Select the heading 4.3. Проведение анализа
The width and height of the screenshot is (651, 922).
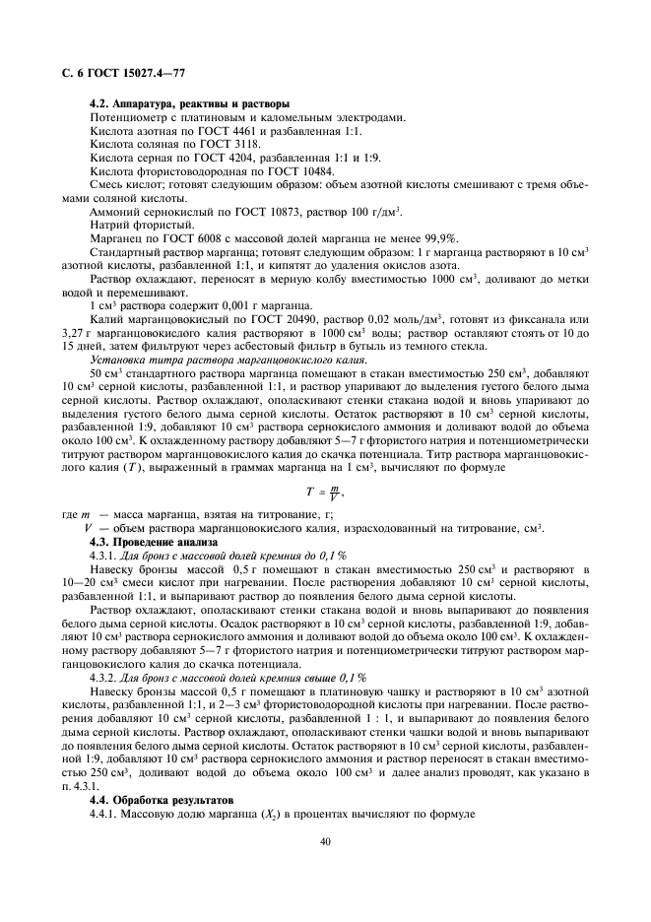pos(150,543)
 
